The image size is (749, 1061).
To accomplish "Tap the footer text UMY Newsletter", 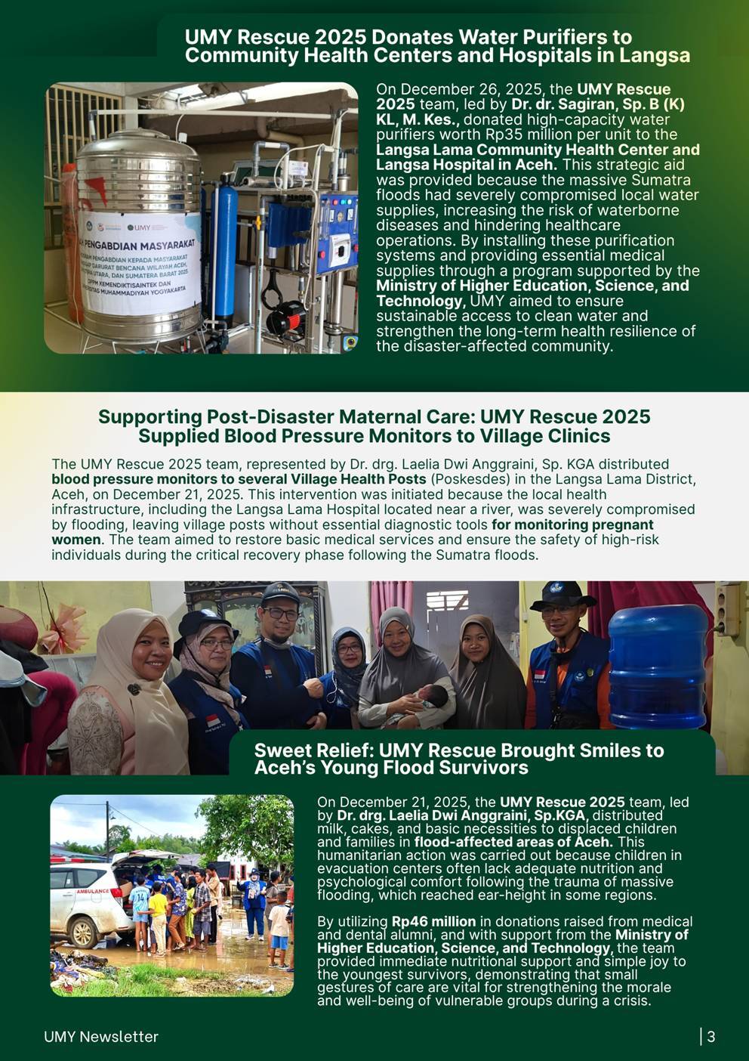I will tap(101, 1037).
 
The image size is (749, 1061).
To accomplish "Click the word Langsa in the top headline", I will tap(655, 55).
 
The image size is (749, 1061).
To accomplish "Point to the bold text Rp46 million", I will tap(433, 921).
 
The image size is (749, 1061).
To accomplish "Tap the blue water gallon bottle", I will tap(656, 665).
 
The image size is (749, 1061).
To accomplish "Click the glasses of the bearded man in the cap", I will tap(280, 614).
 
